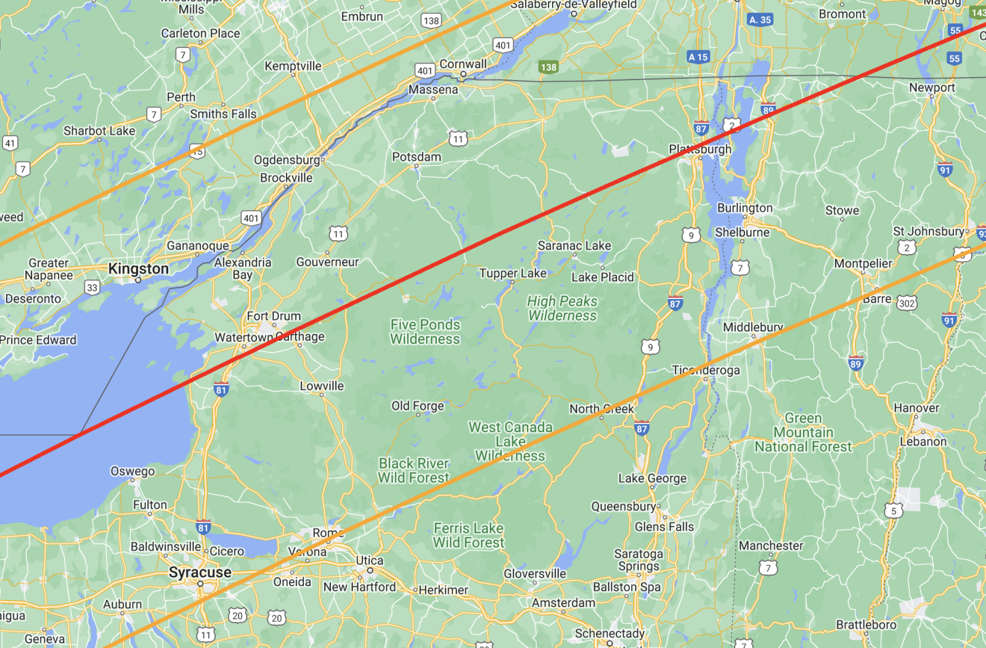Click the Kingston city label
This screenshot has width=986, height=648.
coord(138,269)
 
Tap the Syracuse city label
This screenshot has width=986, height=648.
coord(200,573)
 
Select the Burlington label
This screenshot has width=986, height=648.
coord(744,208)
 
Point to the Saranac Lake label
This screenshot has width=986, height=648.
coord(574,245)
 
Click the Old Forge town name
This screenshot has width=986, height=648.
coord(417,406)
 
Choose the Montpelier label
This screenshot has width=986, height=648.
coord(863,263)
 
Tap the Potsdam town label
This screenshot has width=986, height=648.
coord(417,157)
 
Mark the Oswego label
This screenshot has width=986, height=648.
coord(132,471)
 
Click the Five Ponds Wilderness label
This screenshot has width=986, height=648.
coord(425,332)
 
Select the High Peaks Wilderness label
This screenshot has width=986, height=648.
coord(562,308)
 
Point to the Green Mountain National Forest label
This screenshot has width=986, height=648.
coord(803,432)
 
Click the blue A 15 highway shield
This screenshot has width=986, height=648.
coord(698,57)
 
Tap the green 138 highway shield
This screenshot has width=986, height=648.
coord(548,67)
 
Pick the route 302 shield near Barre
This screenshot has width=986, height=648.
coord(907,303)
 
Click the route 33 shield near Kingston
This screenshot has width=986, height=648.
coord(92,287)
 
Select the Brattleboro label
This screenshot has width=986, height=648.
coord(866,625)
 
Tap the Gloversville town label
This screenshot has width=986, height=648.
coord(534,573)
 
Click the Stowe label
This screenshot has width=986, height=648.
coord(842,210)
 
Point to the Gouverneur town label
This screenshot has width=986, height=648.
coord(327,262)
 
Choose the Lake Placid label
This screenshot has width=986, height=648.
coord(602,277)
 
